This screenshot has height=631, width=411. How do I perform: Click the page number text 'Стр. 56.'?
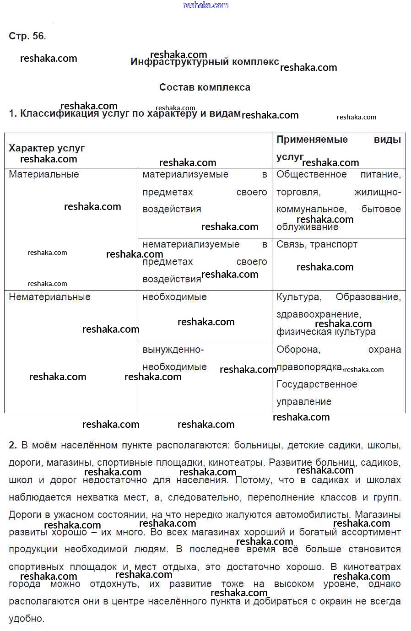point(27,36)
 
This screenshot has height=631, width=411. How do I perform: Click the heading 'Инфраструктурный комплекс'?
point(205,62)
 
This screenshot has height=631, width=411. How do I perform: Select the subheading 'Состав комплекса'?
point(205,87)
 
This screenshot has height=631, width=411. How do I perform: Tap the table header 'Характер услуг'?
point(47,148)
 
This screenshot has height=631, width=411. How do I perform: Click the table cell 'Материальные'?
point(44,174)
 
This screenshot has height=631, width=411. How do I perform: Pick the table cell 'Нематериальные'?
point(49,297)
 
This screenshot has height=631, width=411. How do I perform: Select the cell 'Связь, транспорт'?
point(317,244)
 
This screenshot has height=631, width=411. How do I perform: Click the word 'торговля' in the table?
point(297,192)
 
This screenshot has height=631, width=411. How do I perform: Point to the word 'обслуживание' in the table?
point(307,227)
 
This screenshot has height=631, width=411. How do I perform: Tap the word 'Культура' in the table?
point(298,297)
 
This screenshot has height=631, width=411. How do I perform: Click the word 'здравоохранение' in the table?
point(318,314)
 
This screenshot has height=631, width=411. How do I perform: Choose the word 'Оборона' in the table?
point(298,350)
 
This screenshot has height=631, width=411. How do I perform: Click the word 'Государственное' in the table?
point(317,384)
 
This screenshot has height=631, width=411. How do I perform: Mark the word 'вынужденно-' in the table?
point(173,350)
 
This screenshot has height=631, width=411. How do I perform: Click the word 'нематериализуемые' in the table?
point(191,244)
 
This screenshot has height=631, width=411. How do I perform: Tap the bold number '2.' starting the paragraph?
point(13,445)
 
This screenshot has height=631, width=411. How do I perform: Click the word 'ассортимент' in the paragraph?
point(370,532)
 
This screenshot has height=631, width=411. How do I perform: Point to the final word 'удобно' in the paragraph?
point(26,619)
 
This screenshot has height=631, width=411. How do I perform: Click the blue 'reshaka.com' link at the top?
point(205,5)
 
